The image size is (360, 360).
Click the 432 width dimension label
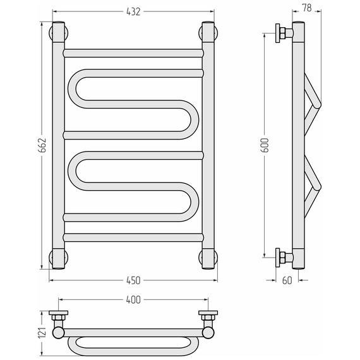[133, 12]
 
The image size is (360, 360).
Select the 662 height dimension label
[42, 145]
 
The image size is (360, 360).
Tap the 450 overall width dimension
[133, 280]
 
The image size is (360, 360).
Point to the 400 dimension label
[133, 300]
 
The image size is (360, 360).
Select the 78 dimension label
[307, 8]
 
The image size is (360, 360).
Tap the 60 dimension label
[287, 280]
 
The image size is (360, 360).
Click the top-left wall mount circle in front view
[58, 33]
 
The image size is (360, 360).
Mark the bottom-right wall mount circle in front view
[208, 258]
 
